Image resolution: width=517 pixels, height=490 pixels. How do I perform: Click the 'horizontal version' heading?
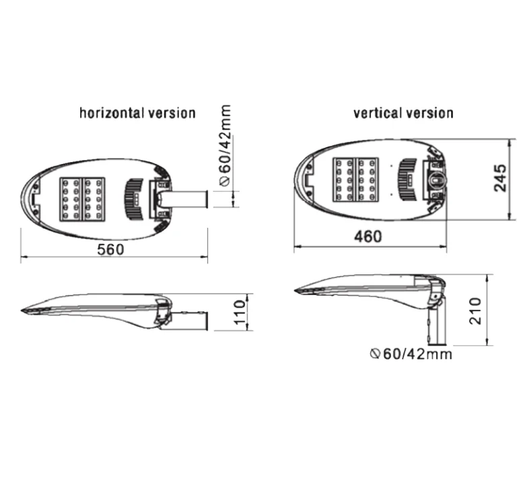pos(137,112)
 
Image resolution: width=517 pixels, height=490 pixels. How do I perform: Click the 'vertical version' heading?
pos(403,112)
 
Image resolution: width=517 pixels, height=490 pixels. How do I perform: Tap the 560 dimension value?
pos(111,249)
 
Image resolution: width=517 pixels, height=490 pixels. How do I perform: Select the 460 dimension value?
pos(368,237)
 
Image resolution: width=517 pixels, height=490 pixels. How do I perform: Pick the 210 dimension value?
pos(476,311)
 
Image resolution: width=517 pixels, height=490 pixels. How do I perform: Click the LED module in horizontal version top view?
pos(83,199)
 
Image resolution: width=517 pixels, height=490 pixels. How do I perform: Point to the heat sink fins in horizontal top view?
pos(134,199)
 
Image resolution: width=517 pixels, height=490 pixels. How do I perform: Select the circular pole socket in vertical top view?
pos(436,179)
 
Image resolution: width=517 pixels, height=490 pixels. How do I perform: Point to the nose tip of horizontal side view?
pos(24,310)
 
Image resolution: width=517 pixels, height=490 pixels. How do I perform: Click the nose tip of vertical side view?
pos(298,290)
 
